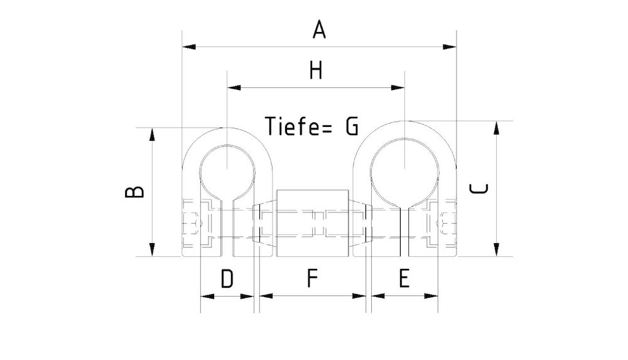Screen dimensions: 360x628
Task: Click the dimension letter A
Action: tap(320, 29)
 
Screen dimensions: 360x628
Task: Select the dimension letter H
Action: tap(315, 70)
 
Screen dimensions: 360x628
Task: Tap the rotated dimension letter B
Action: tap(134, 192)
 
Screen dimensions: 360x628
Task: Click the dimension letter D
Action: tap(227, 278)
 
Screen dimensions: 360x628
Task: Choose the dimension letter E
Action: tap(404, 278)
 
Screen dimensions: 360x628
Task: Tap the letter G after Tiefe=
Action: tap(351, 126)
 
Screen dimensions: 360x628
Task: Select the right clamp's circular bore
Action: tap(404, 166)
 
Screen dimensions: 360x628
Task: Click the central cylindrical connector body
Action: tap(312, 223)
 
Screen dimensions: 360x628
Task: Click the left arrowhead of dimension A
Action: tap(188, 46)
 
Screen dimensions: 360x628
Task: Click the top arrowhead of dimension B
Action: tap(151, 134)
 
